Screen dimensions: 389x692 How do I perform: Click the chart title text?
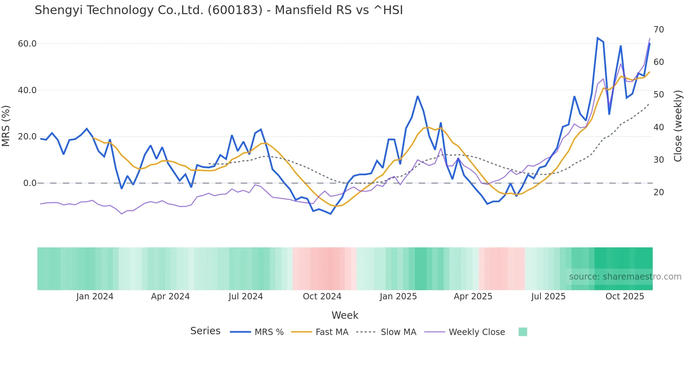(219, 10)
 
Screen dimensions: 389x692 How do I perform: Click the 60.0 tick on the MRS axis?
(27, 44)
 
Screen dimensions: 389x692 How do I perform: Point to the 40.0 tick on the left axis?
(27, 90)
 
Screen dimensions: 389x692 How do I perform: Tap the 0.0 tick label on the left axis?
(30, 183)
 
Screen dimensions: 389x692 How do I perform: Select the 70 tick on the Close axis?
(659, 30)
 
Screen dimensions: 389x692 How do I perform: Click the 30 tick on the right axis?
(659, 160)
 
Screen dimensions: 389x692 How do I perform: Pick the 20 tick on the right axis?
(659, 192)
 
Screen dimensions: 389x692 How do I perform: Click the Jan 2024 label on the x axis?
(95, 297)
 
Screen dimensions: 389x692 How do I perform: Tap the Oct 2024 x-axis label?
(322, 297)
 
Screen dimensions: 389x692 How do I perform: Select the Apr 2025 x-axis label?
(473, 297)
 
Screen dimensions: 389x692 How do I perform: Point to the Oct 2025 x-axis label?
(625, 297)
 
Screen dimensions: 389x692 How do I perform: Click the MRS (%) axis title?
(6, 126)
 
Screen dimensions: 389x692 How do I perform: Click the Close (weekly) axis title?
(678, 126)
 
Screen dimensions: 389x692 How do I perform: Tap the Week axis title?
(345, 315)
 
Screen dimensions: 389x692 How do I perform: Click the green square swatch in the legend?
(523, 332)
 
